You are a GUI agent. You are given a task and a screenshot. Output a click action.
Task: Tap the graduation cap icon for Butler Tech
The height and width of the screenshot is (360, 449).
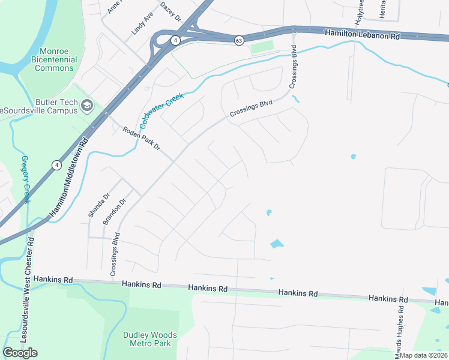pyautogui.click(x=87, y=106)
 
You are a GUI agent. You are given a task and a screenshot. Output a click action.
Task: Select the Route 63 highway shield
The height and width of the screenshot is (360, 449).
pyautogui.click(x=239, y=40)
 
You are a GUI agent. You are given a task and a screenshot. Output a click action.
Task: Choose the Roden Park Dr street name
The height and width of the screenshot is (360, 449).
pyautogui.click(x=142, y=138)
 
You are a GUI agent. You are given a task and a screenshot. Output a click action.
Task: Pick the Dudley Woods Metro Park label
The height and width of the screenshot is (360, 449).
pyautogui.click(x=150, y=339)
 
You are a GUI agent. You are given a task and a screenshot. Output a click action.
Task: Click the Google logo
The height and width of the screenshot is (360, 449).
pyautogui.click(x=20, y=353)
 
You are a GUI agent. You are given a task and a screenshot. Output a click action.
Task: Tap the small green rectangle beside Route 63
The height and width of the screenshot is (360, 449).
pyautogui.click(x=262, y=47)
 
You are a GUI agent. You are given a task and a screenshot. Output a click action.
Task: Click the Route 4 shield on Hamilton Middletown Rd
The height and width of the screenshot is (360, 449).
pyautogui.click(x=56, y=164)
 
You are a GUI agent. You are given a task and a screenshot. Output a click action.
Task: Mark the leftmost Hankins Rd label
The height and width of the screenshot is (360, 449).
pyautogui.click(x=53, y=280)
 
